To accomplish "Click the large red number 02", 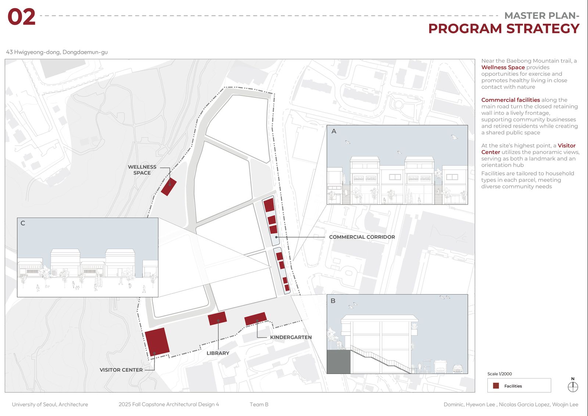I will pos(21,17).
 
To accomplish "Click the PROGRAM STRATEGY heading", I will pos(503,29).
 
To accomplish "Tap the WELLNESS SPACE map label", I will pos(142,170).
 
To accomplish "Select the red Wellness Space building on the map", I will pos(169,187).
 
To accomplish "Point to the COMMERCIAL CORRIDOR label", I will pos(362,237).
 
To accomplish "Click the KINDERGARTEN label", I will pos(291,337).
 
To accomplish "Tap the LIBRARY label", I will pos(218,353).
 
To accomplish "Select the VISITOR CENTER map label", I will pos(121,370).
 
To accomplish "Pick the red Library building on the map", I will pos(217,318).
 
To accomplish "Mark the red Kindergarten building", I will pos(255,319).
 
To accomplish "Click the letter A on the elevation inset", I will pos(334,131).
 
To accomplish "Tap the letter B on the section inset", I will pos(333,301).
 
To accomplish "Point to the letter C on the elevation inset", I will pos(23,223).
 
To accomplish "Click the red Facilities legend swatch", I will pos(496,386).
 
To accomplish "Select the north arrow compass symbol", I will pos(573,387).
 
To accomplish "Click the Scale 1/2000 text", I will pos(499,374).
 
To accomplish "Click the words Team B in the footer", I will pos(259,405).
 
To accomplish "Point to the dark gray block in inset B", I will pos(338,362).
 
